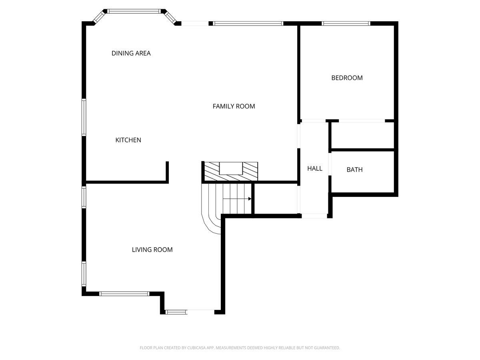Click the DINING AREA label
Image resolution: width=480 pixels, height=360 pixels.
[x=131, y=53]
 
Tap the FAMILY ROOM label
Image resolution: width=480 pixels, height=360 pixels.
[x=234, y=106]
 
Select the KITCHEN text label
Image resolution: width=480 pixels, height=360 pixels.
[x=128, y=140]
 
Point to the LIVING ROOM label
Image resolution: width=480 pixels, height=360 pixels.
[x=152, y=250]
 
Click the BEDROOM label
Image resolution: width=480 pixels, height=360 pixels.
[x=347, y=78]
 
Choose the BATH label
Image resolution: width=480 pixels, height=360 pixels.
[x=354, y=170]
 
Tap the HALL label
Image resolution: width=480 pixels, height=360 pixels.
[x=314, y=169]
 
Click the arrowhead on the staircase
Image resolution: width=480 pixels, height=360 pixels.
[x=249, y=198]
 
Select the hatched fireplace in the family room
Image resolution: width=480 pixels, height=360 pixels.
[x=230, y=172]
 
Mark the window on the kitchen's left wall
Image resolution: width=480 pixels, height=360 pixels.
[x=84, y=117]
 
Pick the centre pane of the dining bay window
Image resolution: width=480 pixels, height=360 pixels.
[x=134, y=11]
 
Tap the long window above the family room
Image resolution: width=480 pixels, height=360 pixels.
[x=248, y=24]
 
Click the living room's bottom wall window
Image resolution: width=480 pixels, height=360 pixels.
[x=124, y=294]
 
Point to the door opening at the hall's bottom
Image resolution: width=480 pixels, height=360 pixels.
[x=314, y=216]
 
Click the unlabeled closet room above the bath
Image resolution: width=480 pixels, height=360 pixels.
[x=362, y=135]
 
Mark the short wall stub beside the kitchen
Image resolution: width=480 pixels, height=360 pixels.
[x=167, y=171]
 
